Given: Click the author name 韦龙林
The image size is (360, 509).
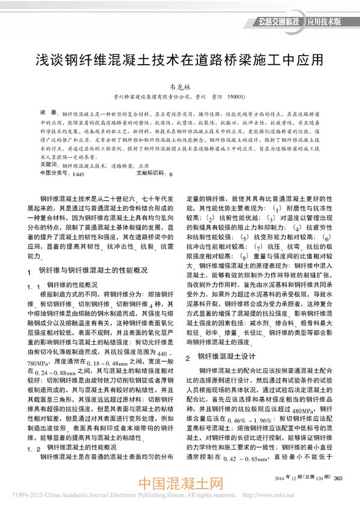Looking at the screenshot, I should [180, 86].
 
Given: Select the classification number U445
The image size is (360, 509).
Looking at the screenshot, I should [77, 172].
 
